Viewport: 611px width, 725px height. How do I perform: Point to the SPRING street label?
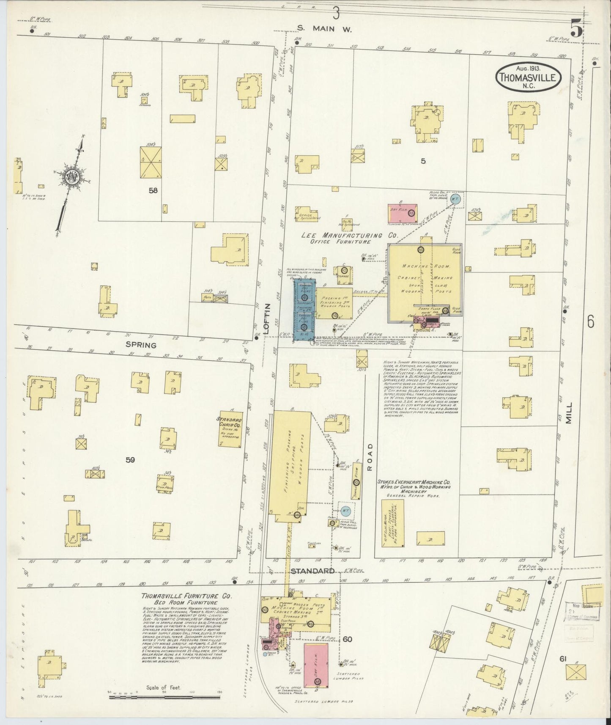[x=141, y=345]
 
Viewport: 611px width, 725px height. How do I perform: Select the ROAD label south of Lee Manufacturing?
[x=370, y=457]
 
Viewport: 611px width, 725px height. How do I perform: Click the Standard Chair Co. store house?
[x=230, y=428]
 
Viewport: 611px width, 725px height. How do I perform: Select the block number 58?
[x=153, y=190]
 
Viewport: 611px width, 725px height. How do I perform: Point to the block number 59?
[x=130, y=459]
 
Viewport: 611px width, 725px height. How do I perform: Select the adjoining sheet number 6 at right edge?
[x=590, y=322]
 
